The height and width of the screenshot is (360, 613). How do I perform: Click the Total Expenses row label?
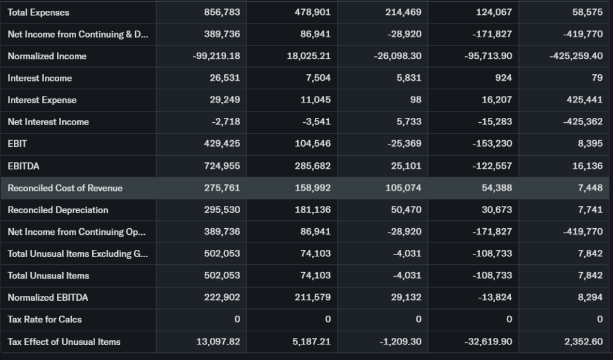pyautogui.click(x=38, y=13)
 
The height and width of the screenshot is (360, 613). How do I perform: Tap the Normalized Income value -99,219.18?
pyautogui.click(x=216, y=56)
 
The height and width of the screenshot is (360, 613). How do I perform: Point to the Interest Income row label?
pyautogui.click(x=40, y=78)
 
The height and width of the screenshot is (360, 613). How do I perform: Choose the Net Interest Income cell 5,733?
pyautogui.click(x=409, y=122)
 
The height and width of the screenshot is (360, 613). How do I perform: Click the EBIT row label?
pyautogui.click(x=17, y=144)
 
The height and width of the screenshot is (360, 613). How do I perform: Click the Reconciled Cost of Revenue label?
pyautogui.click(x=65, y=188)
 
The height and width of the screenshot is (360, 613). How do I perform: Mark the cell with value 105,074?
pyautogui.click(x=403, y=188)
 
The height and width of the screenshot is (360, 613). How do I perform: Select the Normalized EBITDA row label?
pyautogui.click(x=48, y=297)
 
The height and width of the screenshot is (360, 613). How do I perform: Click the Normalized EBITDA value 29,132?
pyautogui.click(x=406, y=297)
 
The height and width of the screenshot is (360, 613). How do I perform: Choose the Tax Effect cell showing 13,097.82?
pyautogui.click(x=218, y=341)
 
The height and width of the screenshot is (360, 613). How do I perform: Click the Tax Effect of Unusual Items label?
pyautogui.click(x=64, y=341)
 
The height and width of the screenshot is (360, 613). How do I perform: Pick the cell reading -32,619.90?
pyautogui.click(x=488, y=341)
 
